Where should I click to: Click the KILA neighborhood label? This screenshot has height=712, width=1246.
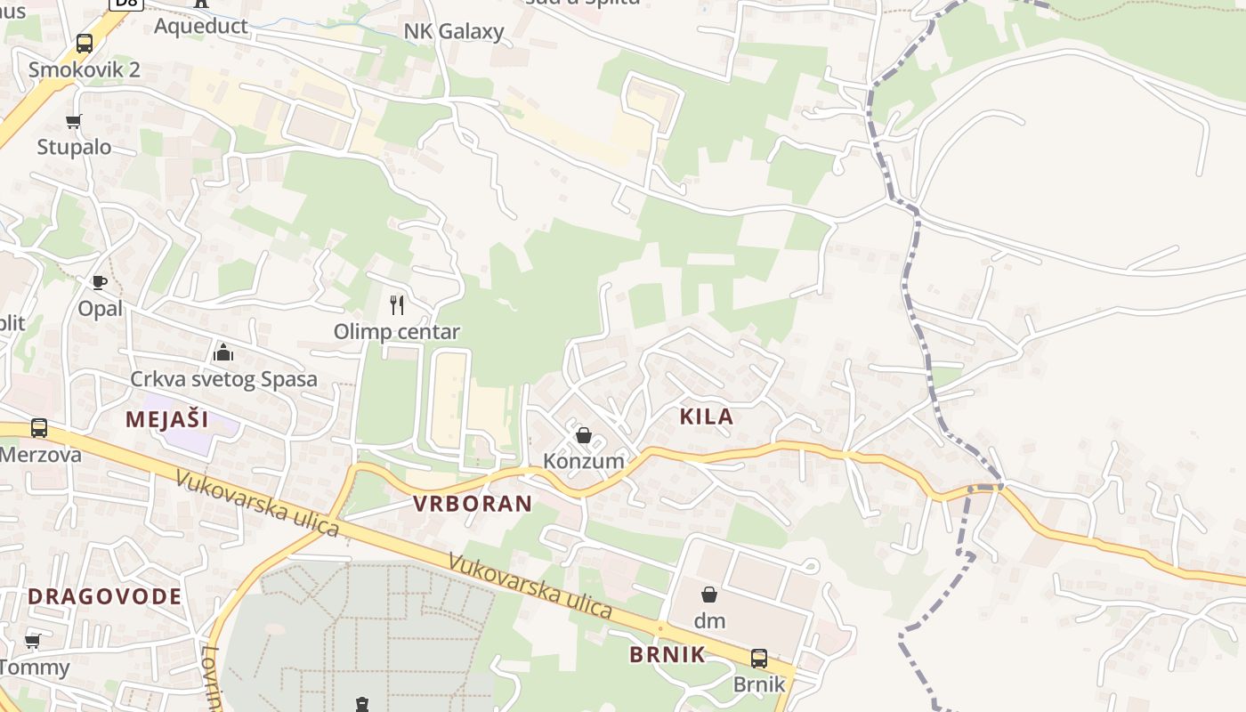(707, 416)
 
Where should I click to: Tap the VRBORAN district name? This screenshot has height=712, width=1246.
(473, 503)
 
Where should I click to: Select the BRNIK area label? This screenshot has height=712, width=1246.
(667, 654)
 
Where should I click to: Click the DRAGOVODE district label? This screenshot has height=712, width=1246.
(105, 596)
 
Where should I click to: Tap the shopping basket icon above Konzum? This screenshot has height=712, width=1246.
(584, 435)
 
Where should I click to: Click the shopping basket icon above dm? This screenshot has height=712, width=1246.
(709, 594)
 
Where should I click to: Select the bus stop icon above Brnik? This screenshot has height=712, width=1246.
(759, 659)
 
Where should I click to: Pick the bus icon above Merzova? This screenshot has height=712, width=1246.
(39, 428)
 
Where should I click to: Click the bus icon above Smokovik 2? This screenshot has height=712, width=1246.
(85, 43)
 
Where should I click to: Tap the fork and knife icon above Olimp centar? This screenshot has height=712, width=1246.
(397, 305)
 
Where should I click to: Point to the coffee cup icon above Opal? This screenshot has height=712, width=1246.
(100, 283)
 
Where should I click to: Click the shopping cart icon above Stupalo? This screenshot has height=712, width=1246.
(74, 121)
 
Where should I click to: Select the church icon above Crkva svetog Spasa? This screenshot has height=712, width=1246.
(223, 353)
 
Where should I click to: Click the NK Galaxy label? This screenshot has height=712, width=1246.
(454, 32)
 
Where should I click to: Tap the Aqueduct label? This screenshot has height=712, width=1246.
(201, 25)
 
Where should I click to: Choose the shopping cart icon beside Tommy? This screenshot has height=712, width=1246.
(33, 641)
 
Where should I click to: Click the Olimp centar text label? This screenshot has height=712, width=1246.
(397, 332)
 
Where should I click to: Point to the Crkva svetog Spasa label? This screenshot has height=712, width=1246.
(223, 379)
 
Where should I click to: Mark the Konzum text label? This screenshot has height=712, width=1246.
(584, 461)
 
